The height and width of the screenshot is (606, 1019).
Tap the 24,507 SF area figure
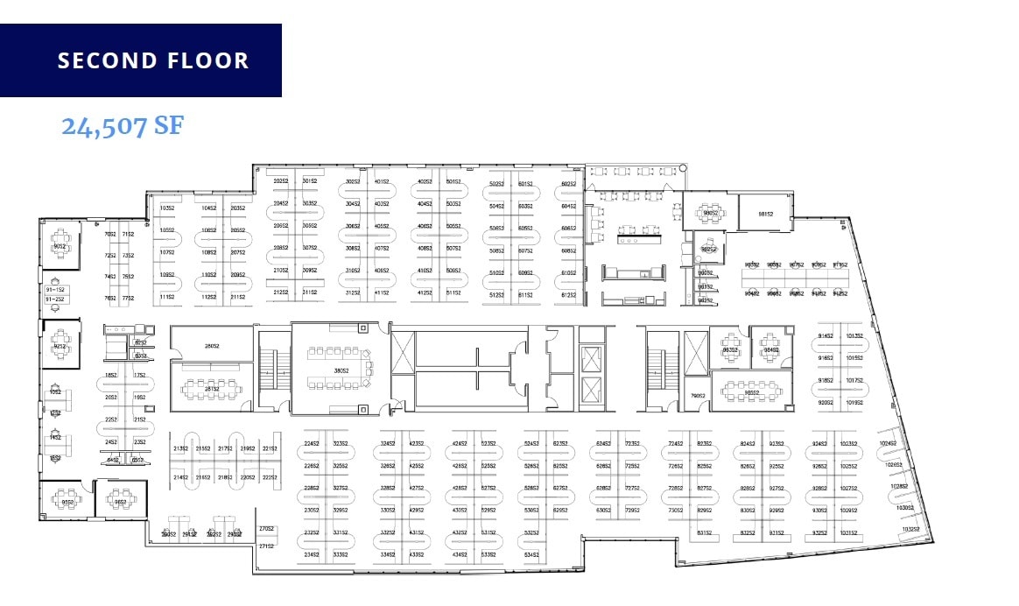(122, 126)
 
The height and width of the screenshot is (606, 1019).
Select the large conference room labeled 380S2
(340, 370)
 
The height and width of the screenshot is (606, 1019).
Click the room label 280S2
(212, 346)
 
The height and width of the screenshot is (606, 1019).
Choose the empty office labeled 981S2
(765, 213)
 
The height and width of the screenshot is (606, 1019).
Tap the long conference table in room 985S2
(751, 391)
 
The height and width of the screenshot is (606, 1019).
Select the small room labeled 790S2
(699, 396)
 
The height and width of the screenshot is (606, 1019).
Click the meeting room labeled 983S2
(729, 349)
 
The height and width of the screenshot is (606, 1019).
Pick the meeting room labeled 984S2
(770, 349)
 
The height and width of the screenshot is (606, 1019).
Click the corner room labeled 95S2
(67, 502)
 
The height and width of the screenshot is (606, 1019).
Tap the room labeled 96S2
(119, 502)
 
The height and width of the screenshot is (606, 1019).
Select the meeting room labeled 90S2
(60, 246)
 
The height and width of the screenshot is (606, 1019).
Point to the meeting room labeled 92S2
(60, 346)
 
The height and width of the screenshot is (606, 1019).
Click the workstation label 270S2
(267, 528)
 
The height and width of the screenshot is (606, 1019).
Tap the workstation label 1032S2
(912, 528)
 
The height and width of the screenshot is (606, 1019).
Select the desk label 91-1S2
(54, 288)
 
